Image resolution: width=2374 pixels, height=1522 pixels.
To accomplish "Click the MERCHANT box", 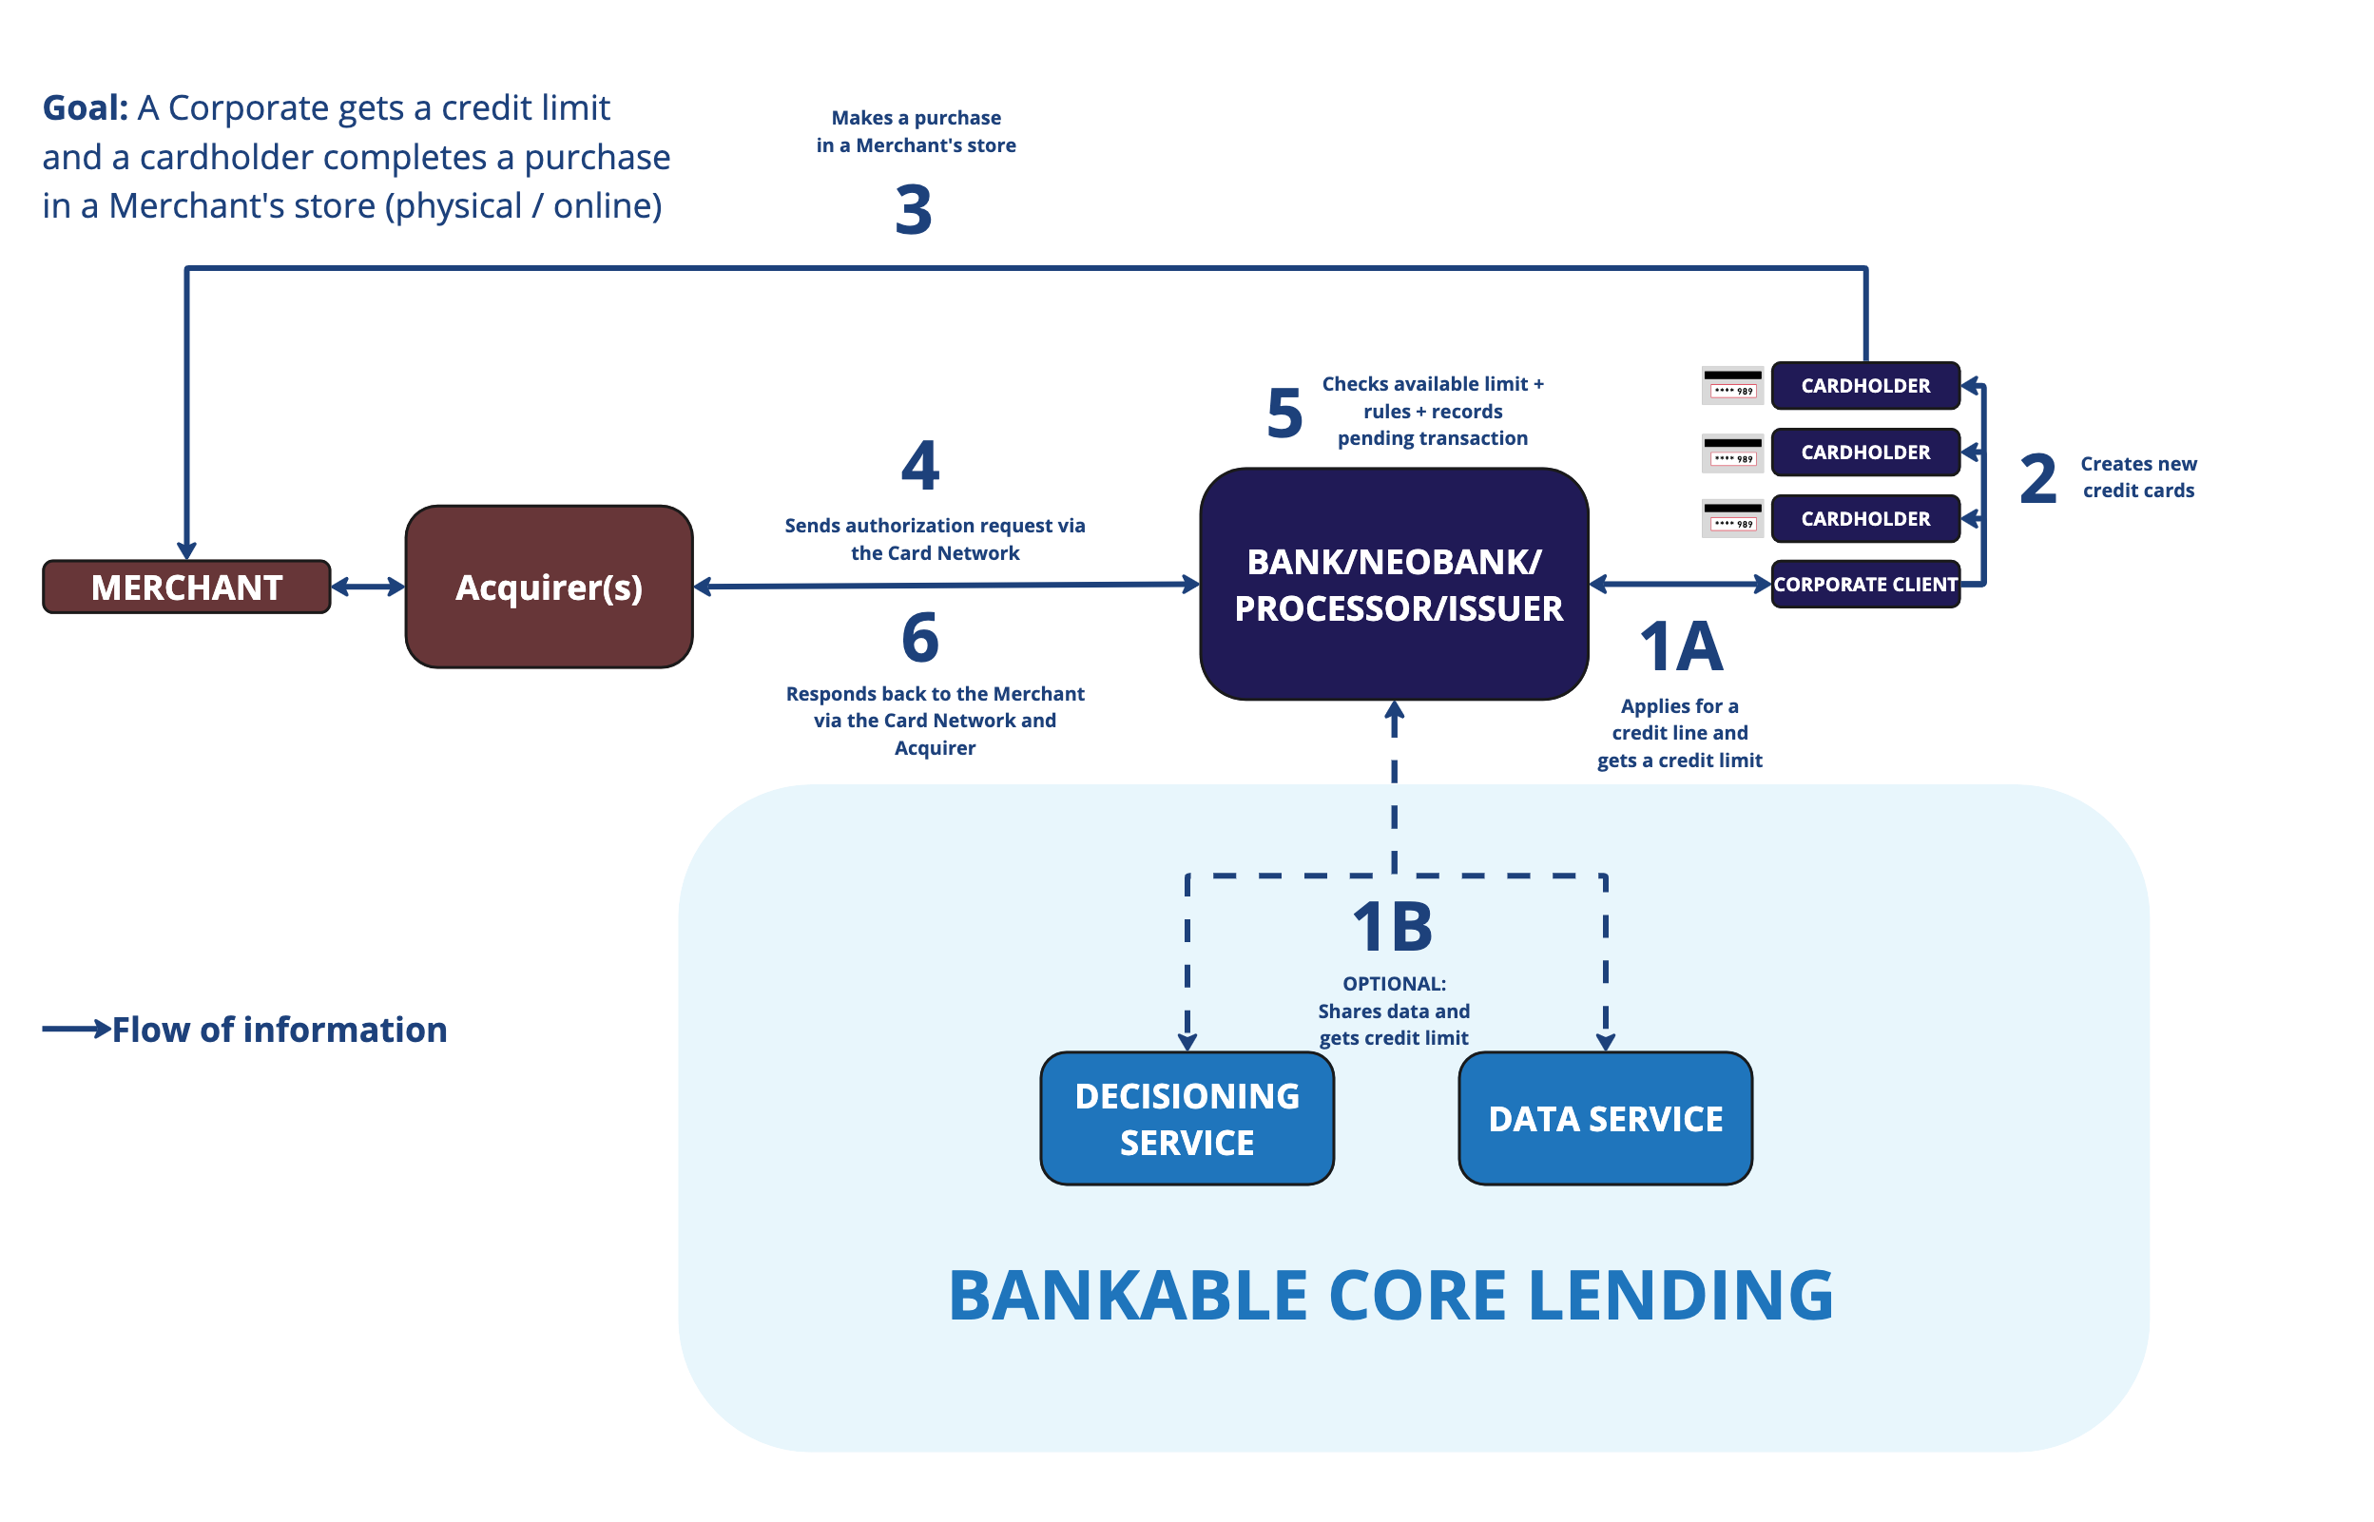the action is coord(185,588).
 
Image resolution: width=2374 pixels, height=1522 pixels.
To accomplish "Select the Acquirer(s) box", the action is coord(549,588).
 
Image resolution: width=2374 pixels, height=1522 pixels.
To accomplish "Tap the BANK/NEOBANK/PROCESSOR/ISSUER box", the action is coord(1394,584).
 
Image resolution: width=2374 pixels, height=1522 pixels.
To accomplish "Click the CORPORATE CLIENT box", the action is coord(1865,584).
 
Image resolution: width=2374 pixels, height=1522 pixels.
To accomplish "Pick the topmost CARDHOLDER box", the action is coord(1865,385).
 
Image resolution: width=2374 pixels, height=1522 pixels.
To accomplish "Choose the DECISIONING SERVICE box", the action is coord(1187,1118).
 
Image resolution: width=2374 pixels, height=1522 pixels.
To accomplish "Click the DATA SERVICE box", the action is coord(1605,1118).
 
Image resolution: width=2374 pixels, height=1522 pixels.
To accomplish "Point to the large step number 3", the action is coord(914,209).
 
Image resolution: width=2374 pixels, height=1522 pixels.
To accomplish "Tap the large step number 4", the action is coord(919,465).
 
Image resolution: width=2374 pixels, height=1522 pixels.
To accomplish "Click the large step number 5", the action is coord(1284,414).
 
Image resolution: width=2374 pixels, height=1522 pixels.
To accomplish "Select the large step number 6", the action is coord(920,638).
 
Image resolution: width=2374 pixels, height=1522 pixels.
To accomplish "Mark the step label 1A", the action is coord(1681,647).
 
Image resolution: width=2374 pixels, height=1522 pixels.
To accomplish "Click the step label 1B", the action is coord(1392,927).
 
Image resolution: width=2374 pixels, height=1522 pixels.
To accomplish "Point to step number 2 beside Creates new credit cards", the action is coord(2038,478).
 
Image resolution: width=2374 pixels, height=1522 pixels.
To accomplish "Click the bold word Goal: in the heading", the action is coord(85,107).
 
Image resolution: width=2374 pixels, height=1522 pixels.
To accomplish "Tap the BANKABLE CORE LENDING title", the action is coord(1391,1295).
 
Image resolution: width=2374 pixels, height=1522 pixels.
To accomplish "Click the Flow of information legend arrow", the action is coord(76,1029).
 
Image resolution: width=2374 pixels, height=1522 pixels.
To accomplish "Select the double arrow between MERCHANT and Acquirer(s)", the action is coord(368,588).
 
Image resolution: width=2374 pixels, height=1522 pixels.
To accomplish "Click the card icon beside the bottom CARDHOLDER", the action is coord(1732,519).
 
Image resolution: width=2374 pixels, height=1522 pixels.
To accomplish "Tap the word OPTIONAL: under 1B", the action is coord(1394,983).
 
